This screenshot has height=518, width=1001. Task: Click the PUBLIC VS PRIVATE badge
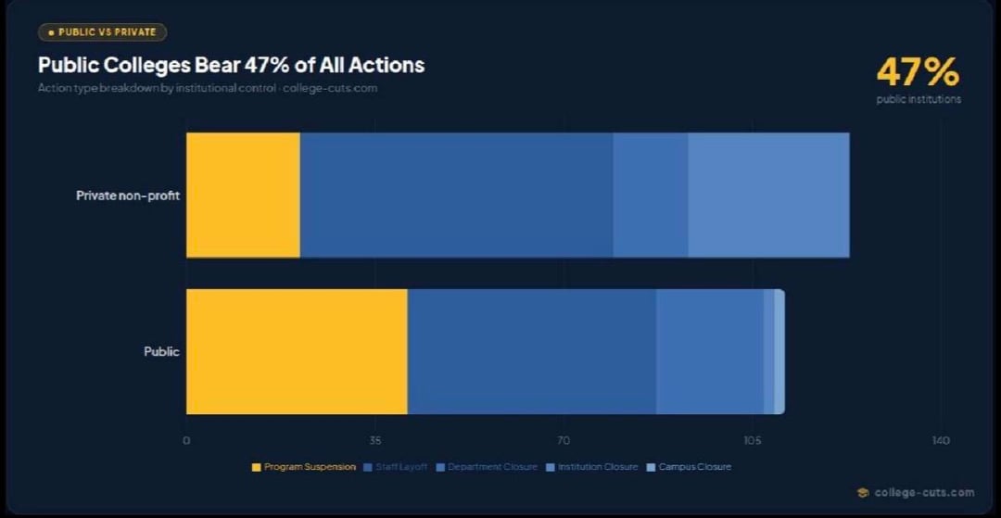point(102,32)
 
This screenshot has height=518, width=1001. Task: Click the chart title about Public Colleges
point(231,65)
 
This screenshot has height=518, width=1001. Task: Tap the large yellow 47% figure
point(918,71)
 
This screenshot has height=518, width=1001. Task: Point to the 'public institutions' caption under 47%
point(919,99)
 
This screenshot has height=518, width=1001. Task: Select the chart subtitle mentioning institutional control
point(208,88)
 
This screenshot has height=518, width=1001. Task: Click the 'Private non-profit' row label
point(128,196)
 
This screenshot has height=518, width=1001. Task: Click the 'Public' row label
point(161,352)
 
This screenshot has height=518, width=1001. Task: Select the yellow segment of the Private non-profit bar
point(243,195)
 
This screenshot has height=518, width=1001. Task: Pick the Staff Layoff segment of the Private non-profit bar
point(456,195)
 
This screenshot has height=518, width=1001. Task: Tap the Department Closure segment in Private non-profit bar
point(650,195)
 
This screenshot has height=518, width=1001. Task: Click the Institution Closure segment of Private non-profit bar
point(768,195)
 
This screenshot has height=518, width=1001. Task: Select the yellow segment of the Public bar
point(297,351)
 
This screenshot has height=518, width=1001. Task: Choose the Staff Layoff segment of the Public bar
point(531,351)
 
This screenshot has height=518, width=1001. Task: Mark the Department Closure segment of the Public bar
point(709,351)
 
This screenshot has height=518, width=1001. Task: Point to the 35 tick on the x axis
point(375,440)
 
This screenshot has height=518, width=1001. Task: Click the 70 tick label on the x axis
point(564,440)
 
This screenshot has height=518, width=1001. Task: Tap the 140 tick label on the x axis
point(940,440)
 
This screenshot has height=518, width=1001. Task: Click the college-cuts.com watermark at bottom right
point(917,493)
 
